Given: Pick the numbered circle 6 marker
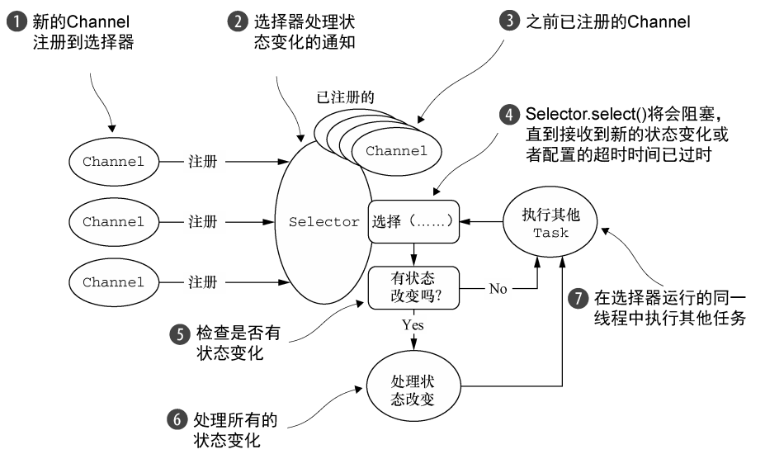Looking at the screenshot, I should (x=176, y=419).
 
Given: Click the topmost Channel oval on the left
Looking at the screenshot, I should (x=113, y=162).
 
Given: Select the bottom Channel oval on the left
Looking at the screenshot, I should (x=113, y=281).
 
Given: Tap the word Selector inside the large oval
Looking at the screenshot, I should (x=324, y=222).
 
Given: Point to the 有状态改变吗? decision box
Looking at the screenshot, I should (x=413, y=287).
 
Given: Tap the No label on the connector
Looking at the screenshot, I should (x=498, y=288).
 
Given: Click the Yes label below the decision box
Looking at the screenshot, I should (x=413, y=325).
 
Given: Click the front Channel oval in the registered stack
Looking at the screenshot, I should (x=396, y=150).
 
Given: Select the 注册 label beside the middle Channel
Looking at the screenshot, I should (x=203, y=222).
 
